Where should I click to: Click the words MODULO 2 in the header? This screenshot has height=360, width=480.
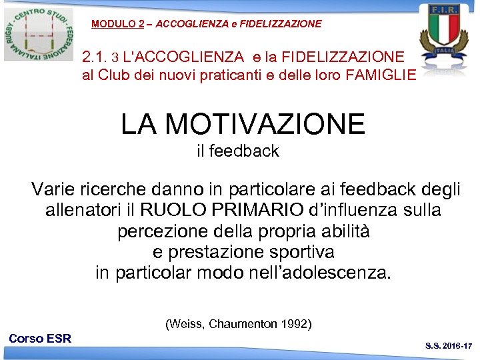(x=118, y=24)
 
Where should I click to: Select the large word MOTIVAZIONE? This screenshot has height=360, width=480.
(x=265, y=124)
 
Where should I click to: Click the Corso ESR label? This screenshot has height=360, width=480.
(x=40, y=339)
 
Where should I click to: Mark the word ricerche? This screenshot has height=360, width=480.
(x=117, y=190)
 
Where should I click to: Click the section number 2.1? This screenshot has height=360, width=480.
(x=94, y=57)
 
